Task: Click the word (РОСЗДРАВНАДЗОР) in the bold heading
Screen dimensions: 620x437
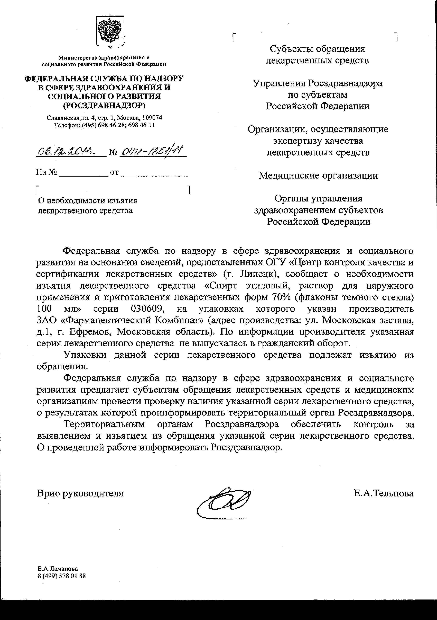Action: pyautogui.click(x=104, y=106)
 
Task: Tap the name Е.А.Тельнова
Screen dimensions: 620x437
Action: pyautogui.click(x=384, y=493)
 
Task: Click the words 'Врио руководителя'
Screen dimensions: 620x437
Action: pyautogui.click(x=80, y=493)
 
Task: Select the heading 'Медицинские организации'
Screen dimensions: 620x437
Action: pyautogui.click(x=318, y=176)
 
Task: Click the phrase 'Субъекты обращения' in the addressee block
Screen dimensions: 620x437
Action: pyautogui.click(x=317, y=49)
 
